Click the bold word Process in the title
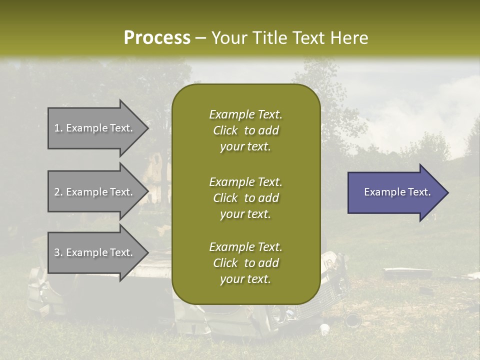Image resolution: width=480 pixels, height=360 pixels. pos(157,38)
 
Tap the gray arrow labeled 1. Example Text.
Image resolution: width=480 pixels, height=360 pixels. pos(95,128)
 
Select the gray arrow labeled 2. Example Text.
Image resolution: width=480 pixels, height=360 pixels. pos(95,192)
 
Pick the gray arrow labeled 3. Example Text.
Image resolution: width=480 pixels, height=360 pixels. pos(95,252)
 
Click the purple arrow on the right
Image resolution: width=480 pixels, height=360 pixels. pos(395,192)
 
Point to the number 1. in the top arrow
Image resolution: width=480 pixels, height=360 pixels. pos(58,128)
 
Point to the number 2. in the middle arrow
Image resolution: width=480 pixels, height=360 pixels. pos(58,192)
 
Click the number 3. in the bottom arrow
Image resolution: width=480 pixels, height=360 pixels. pos(58,252)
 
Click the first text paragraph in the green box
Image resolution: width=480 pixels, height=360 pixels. pos(245,130)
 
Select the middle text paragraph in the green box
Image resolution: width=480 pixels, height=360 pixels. pos(245,198)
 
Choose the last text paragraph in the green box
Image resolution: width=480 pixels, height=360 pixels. pos(245,263)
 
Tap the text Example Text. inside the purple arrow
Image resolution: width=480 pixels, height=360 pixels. pos(397,192)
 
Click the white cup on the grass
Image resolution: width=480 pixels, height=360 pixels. pos(325,329)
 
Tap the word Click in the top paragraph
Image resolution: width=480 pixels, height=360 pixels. pos(225,130)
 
